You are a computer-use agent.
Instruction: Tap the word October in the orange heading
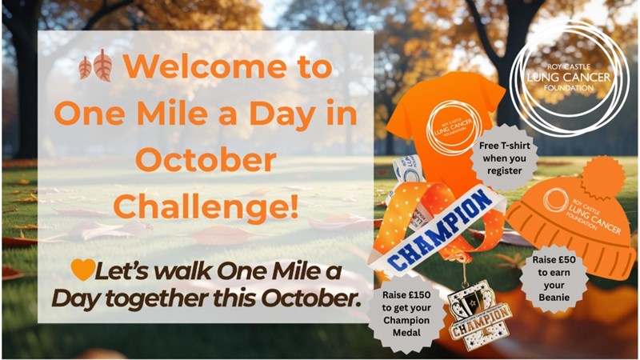206,160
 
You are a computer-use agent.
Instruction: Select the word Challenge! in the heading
206,206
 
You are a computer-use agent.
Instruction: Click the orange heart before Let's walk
83,270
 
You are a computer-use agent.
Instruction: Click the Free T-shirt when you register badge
505,158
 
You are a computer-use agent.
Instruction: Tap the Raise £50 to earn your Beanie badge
554,278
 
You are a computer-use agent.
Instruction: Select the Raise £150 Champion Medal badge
406,313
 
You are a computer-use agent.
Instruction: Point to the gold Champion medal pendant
479,315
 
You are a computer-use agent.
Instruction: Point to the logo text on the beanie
585,211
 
